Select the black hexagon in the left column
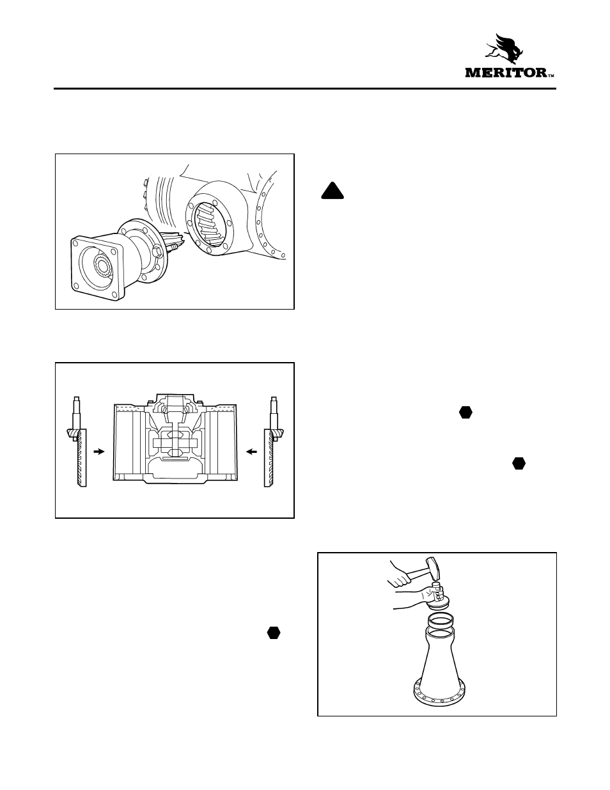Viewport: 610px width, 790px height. point(274,633)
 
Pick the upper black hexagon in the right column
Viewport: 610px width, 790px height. point(465,413)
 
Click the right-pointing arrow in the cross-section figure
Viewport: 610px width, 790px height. point(98,451)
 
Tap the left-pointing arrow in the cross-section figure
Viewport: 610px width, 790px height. point(252,451)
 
